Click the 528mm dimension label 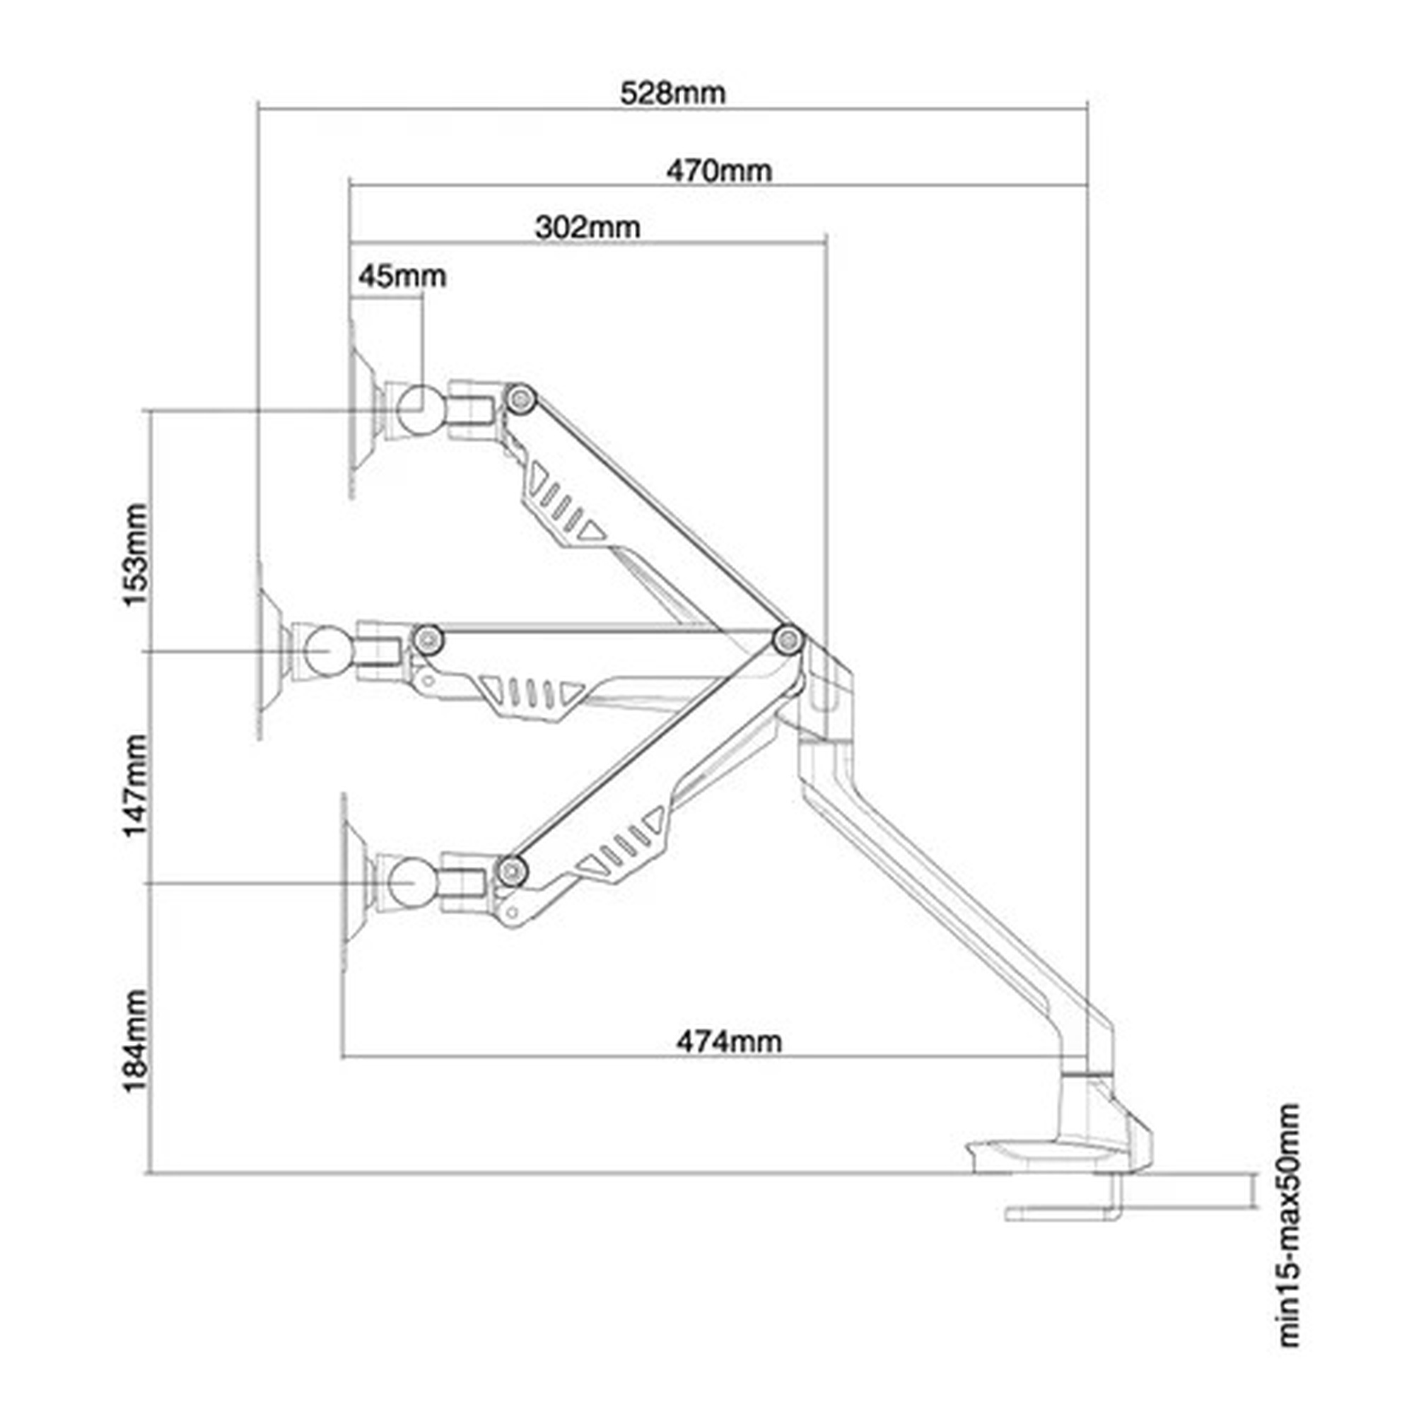pos(672,94)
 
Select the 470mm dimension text pos(719,171)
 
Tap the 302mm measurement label pos(587,228)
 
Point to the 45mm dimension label pos(402,276)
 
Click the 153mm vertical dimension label pos(136,555)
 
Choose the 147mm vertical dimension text pos(136,786)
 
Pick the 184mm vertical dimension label pos(136,1041)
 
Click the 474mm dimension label pos(728,1041)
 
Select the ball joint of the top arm pos(415,407)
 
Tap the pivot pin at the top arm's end pos(522,399)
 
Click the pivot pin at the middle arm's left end pos(428,640)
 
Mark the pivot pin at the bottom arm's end pos(513,870)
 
